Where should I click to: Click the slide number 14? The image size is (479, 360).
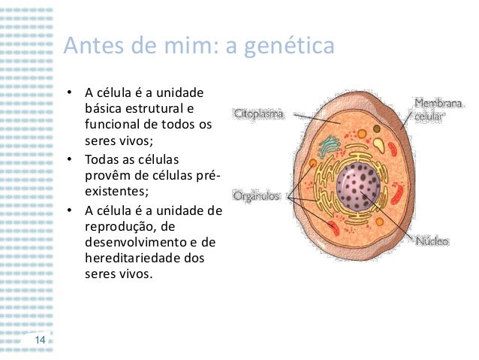(40, 340)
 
